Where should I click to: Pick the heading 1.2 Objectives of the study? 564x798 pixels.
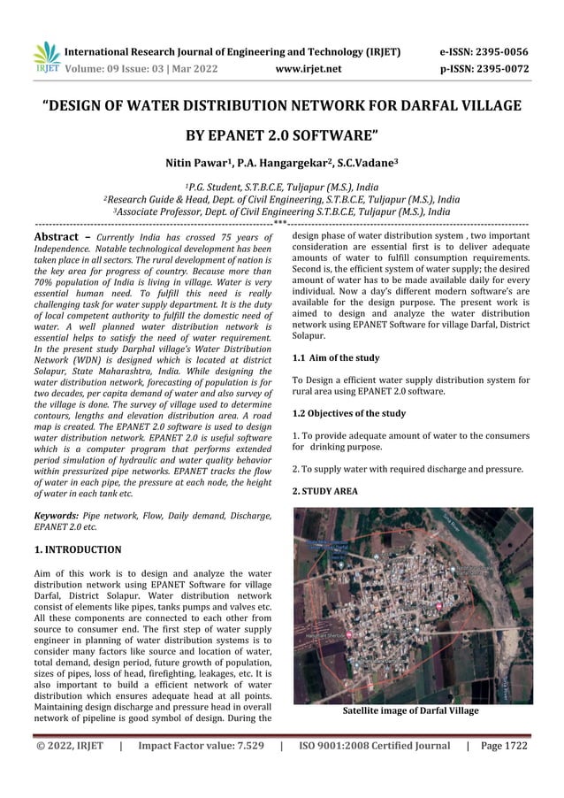tap(348, 413)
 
